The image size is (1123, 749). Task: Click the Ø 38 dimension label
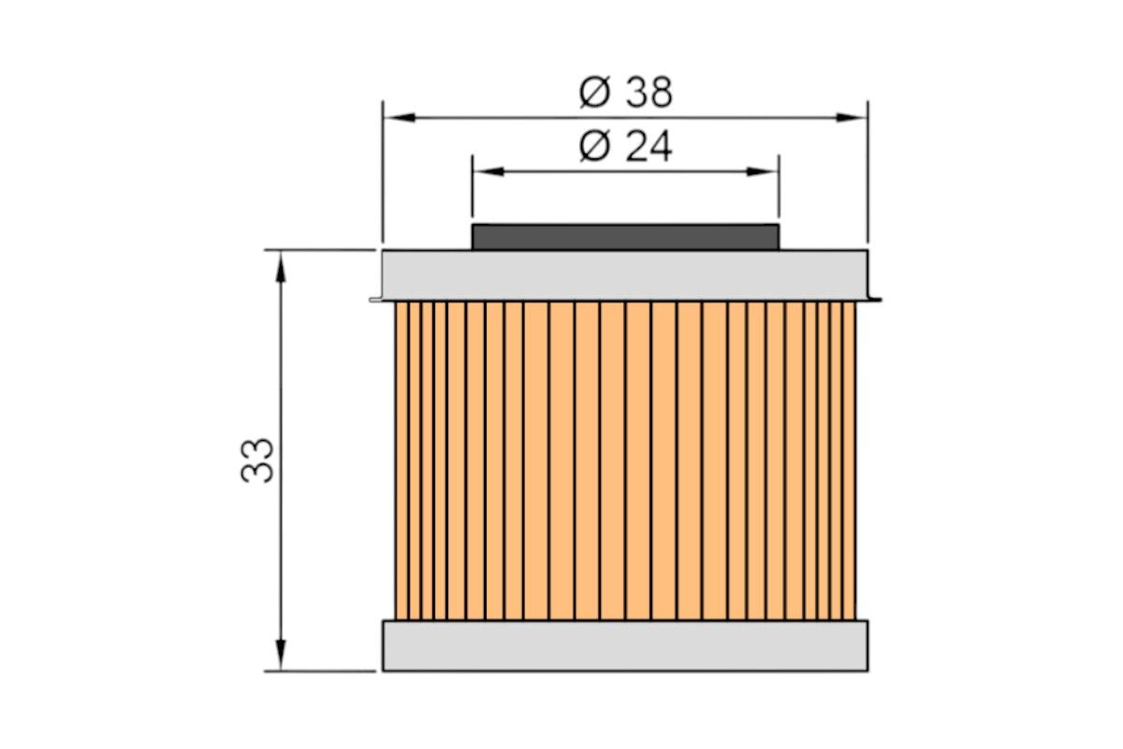coord(626,93)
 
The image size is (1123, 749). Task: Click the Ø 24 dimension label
coord(626,146)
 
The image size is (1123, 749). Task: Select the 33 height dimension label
coord(257,461)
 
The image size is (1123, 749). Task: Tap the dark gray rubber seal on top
coord(625,237)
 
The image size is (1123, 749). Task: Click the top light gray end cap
coord(625,275)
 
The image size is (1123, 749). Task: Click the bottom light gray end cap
coord(625,646)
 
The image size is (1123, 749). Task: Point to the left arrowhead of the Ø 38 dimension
coord(400,117)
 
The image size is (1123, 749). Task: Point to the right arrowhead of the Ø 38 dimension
coord(852,117)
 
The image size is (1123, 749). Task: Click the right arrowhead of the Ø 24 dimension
coord(762,171)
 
